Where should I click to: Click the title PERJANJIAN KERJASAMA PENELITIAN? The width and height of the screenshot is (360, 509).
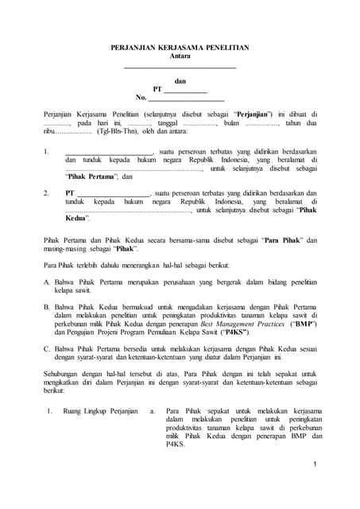click(x=180, y=49)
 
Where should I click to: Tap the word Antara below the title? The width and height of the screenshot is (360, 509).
click(x=180, y=56)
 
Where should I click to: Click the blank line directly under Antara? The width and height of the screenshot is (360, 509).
click(x=180, y=67)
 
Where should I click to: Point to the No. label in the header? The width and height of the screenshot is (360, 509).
click(x=142, y=99)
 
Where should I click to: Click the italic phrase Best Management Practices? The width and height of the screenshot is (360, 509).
click(x=245, y=326)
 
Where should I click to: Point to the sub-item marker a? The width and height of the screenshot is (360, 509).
click(x=152, y=411)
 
